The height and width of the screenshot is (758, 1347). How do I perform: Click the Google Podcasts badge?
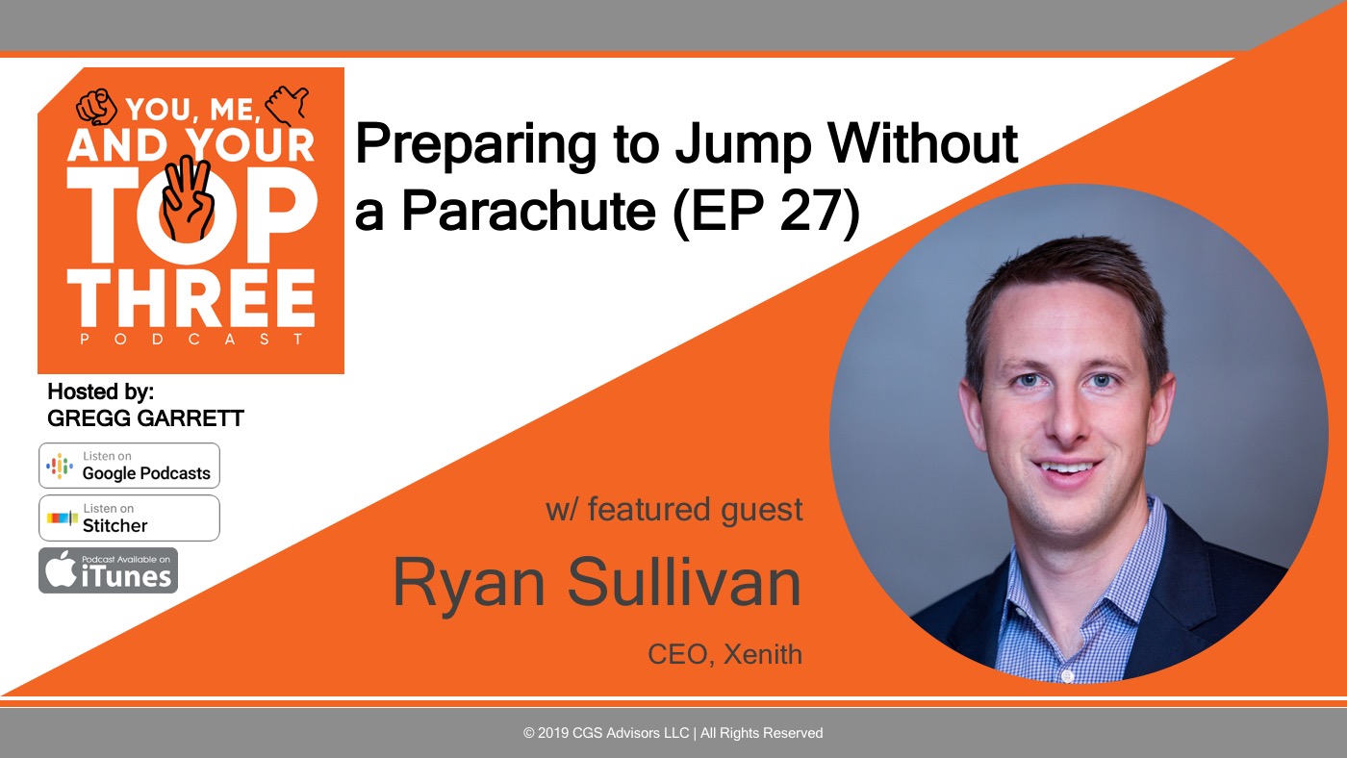point(129,466)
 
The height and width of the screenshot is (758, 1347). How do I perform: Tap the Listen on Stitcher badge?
point(129,518)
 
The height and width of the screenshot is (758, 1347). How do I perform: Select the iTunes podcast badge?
point(108,570)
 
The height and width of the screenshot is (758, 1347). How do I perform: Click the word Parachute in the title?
point(528,211)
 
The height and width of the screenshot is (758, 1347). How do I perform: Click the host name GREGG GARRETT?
point(145,418)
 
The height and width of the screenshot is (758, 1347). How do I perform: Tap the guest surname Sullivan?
point(684,582)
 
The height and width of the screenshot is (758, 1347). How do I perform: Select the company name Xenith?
point(762,655)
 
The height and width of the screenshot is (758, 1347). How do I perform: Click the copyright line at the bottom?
point(673,733)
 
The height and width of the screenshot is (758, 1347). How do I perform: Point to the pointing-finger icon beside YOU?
point(96,107)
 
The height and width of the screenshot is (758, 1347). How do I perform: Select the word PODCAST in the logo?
point(191,339)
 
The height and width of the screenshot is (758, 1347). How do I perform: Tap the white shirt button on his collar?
point(1067,675)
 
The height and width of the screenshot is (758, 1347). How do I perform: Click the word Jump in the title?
point(743,144)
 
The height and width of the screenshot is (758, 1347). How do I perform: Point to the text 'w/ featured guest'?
point(674,510)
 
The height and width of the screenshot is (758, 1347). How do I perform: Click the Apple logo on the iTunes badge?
point(61,568)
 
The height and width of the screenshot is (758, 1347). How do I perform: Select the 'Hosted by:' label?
point(101,392)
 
